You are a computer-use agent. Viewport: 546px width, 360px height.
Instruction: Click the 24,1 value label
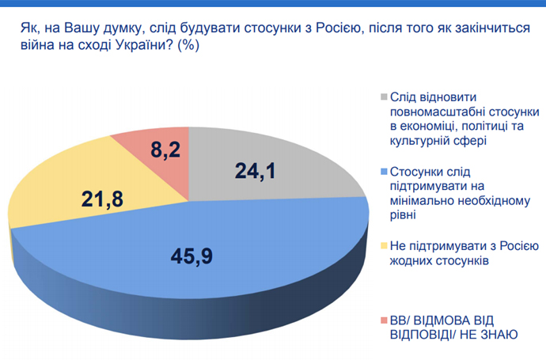pos(256,171)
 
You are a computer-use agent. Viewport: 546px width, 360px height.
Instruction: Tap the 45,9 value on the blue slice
pos(191,256)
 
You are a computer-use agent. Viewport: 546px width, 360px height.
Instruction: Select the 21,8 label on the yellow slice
pos(102,199)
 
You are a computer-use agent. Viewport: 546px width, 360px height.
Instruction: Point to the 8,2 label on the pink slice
pos(165,150)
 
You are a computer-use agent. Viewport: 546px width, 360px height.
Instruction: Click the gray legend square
pos(384,97)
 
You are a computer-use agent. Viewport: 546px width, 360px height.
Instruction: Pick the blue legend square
pos(384,171)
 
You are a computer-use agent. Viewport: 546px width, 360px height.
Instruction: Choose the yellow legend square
pos(384,246)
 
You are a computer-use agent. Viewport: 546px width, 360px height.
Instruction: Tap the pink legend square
pos(384,320)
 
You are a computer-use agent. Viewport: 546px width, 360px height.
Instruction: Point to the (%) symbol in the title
pos(188,45)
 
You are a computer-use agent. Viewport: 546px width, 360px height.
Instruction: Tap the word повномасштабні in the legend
pos(438,112)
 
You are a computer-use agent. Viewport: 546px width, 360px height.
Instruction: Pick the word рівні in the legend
pos(403,215)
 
